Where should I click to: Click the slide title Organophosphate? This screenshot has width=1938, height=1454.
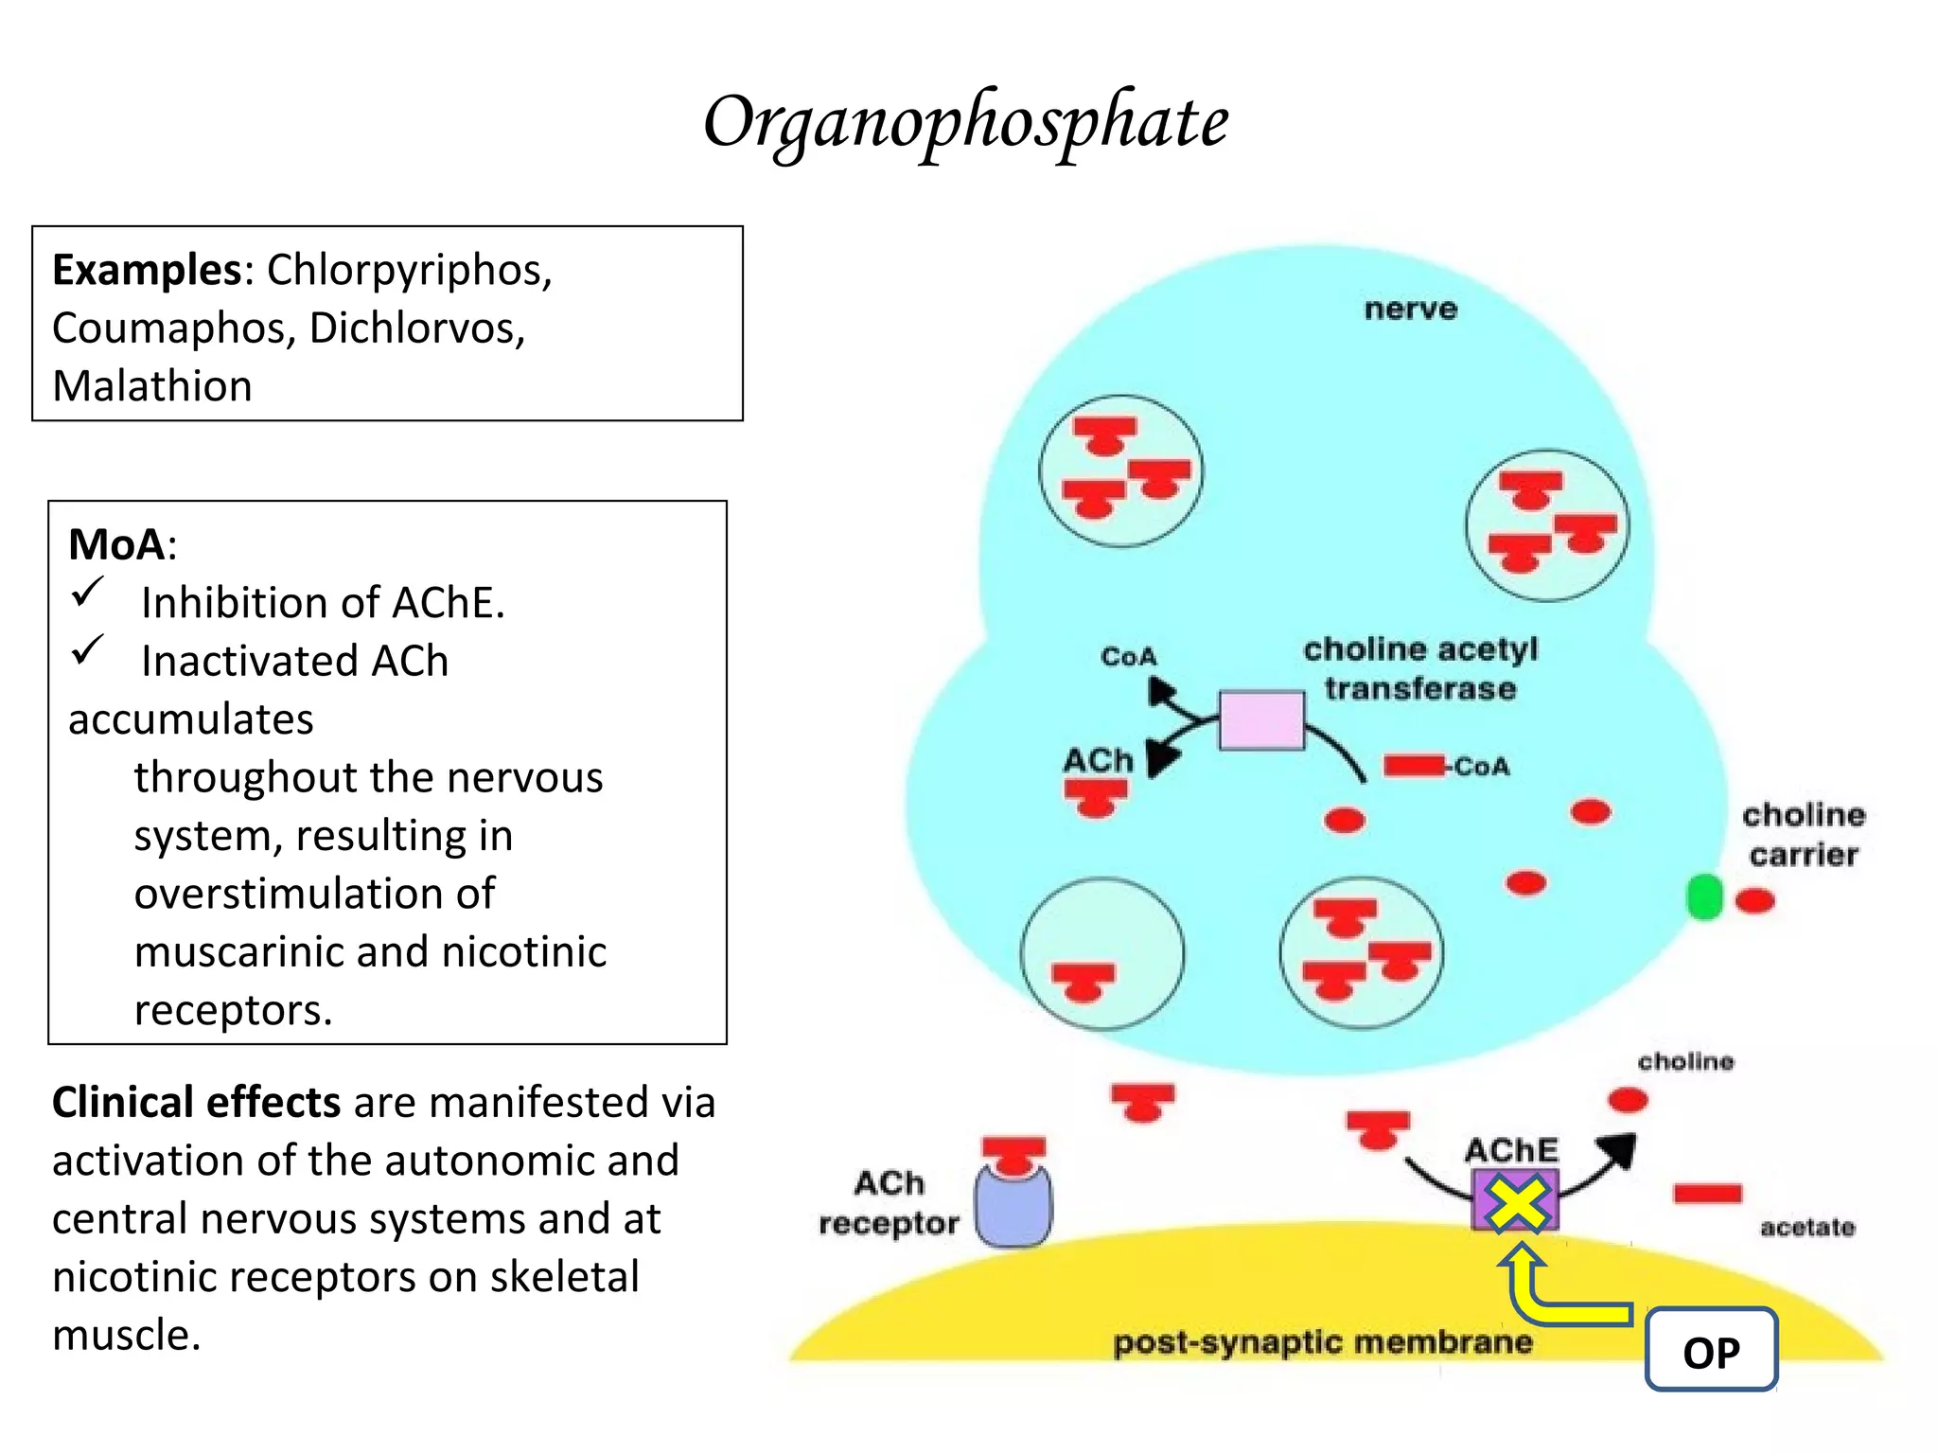(x=965, y=123)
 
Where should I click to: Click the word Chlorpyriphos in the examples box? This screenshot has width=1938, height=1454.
(x=408, y=271)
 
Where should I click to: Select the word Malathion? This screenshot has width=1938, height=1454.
(x=152, y=386)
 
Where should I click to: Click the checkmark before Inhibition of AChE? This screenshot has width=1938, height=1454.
(x=88, y=594)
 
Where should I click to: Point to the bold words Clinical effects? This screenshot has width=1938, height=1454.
(x=196, y=1103)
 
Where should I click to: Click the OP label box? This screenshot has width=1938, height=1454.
(x=1711, y=1351)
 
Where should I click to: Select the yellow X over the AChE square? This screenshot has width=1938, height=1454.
(x=1516, y=1202)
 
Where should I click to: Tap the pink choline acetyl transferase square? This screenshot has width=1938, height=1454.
(x=1261, y=720)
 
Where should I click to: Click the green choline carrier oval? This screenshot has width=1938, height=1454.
(x=1704, y=896)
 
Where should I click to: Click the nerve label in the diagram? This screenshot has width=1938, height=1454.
(x=1410, y=310)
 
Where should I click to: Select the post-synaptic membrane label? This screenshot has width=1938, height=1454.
(x=1322, y=1342)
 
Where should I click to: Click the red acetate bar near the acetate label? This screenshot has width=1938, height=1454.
(x=1707, y=1193)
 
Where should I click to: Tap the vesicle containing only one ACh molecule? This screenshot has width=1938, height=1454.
(x=1101, y=954)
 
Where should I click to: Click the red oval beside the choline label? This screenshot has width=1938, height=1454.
(x=1628, y=1100)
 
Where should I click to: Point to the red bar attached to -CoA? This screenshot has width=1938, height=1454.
(x=1414, y=766)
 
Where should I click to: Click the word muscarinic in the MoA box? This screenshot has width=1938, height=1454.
(x=275, y=952)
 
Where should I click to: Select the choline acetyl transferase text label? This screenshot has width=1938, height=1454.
(x=1419, y=668)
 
